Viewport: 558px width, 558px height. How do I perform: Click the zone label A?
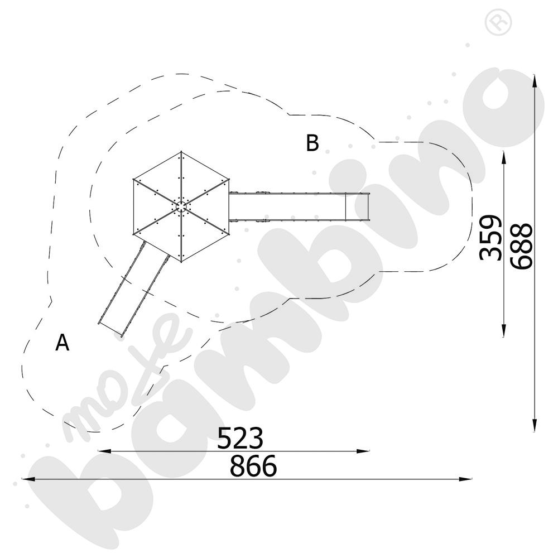(62, 343)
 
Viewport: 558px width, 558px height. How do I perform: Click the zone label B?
(312, 143)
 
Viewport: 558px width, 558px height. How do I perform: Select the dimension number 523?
(240, 438)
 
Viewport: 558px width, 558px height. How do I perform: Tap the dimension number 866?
(253, 466)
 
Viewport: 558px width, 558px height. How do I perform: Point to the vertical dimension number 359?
(490, 237)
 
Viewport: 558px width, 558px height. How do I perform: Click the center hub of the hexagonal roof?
(182, 206)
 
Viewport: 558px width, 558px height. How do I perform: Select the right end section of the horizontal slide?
(358, 206)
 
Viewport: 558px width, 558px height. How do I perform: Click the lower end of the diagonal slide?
(111, 329)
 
